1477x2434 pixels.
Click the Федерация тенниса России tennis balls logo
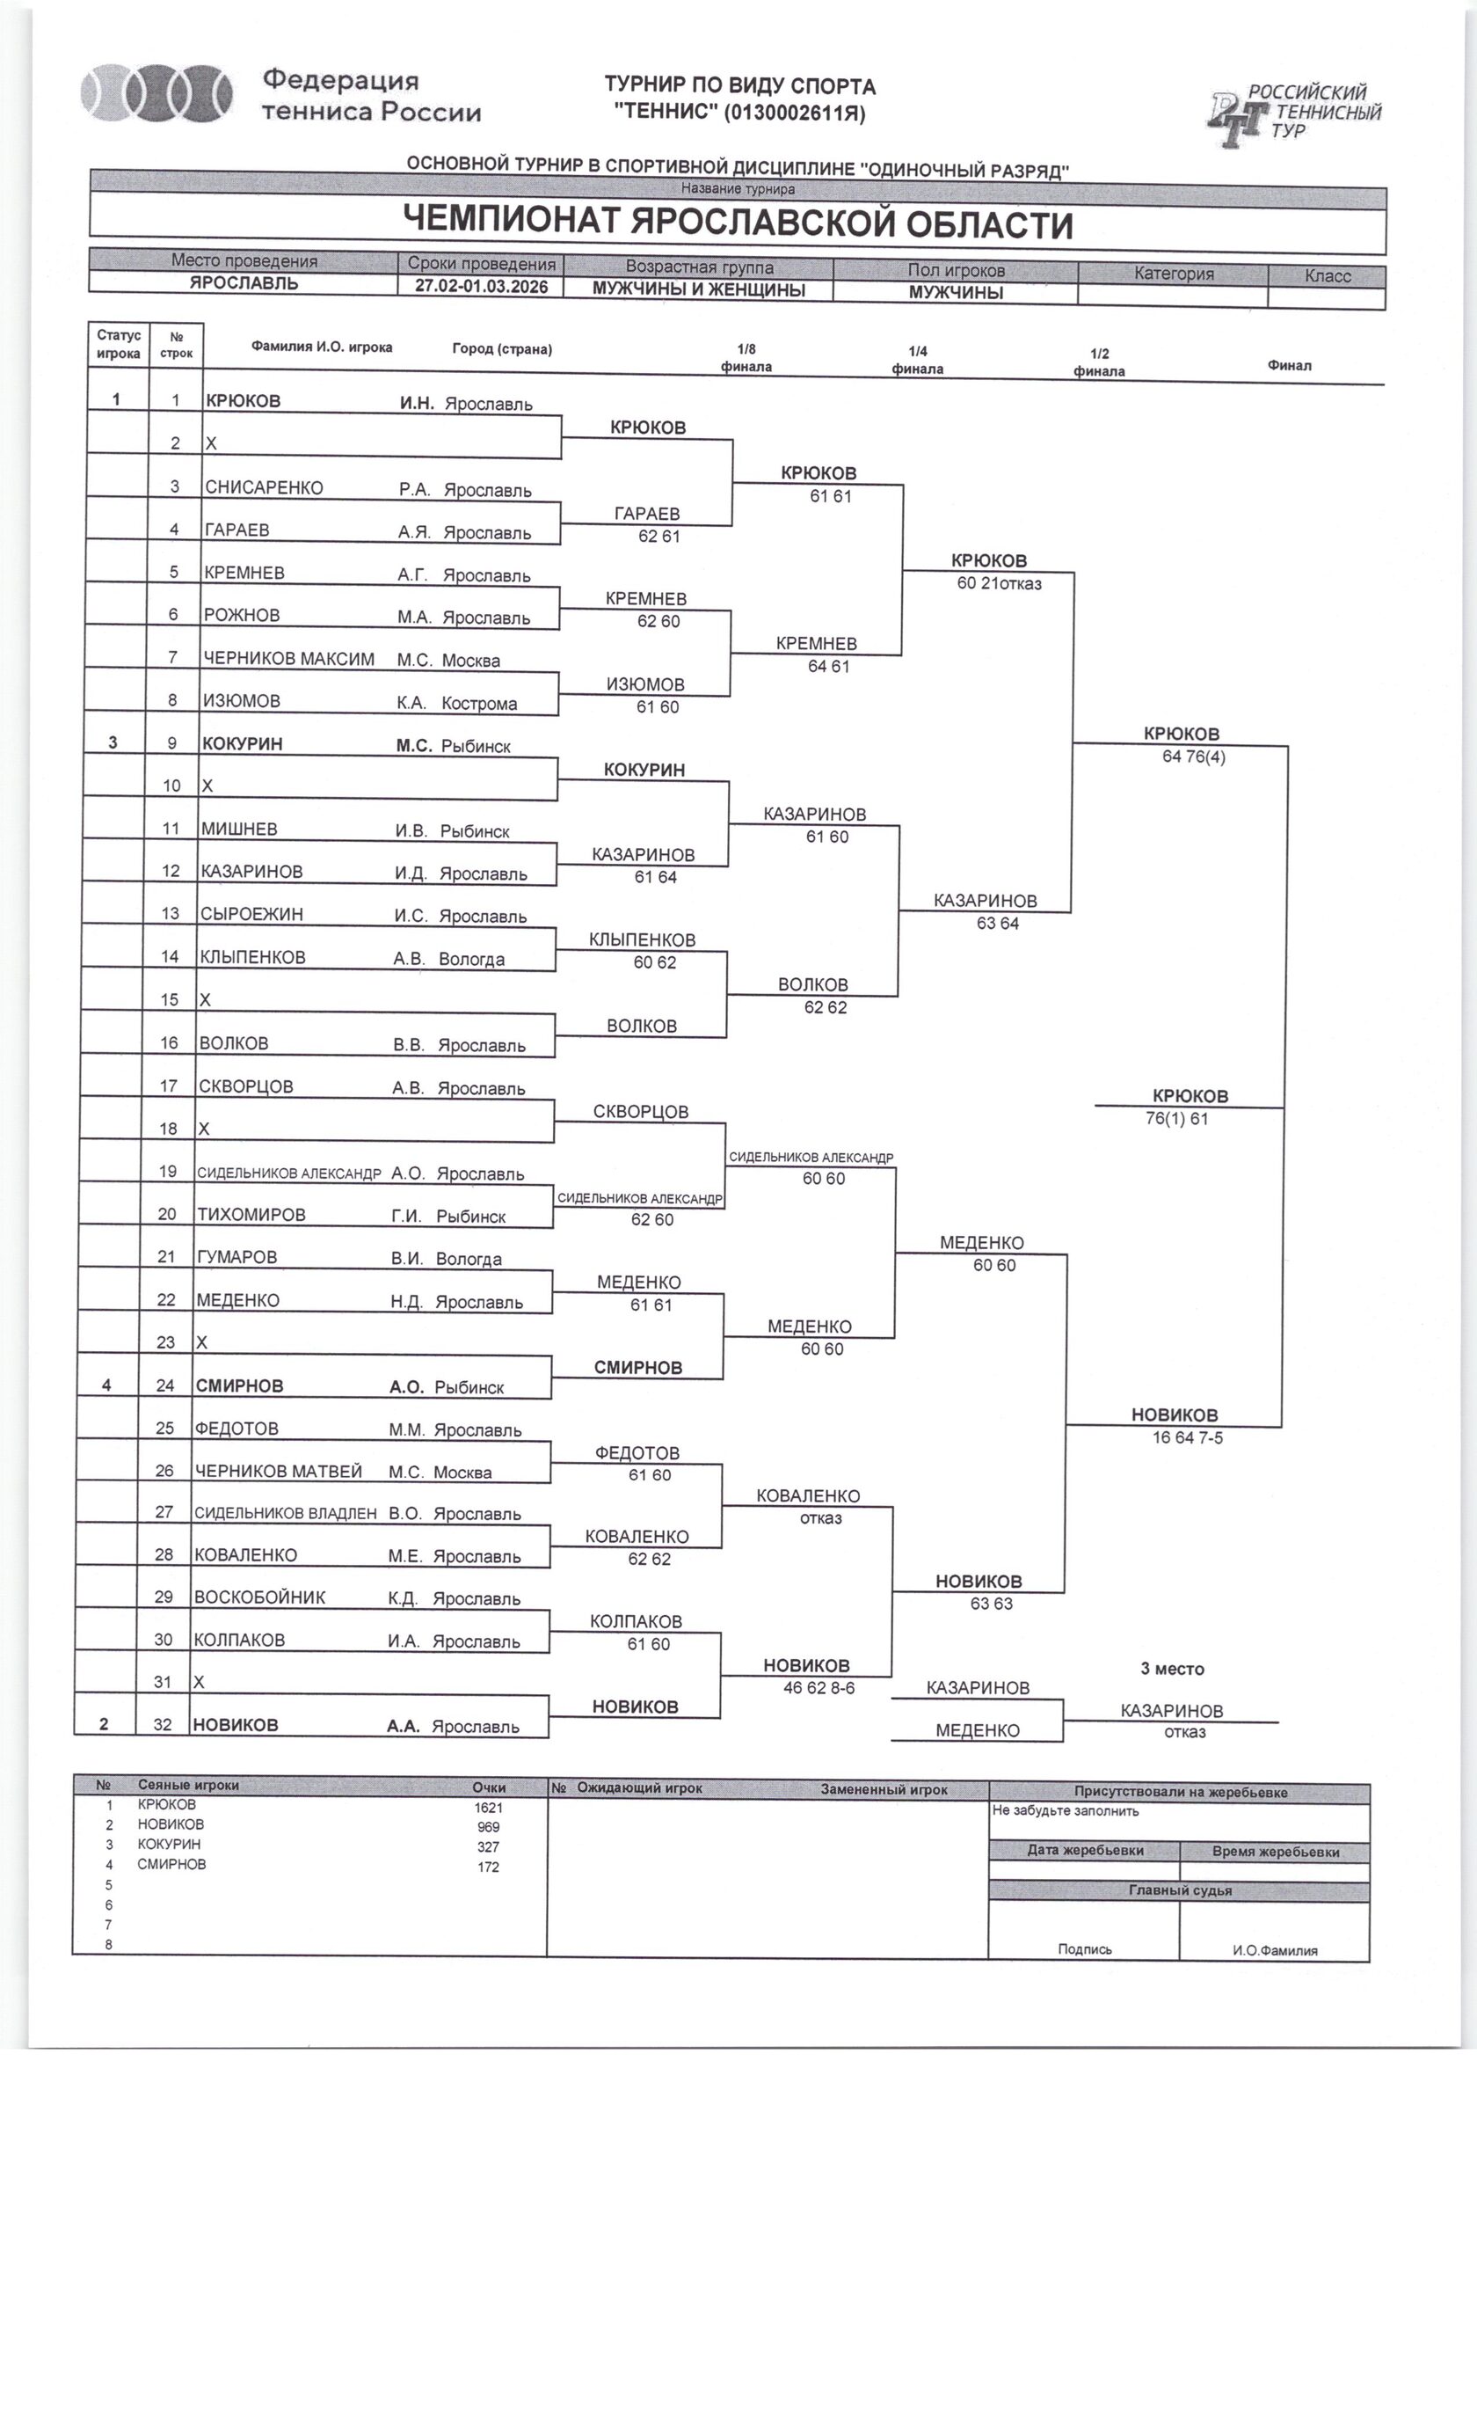coord(157,95)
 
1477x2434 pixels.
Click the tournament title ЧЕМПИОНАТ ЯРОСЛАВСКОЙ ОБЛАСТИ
coord(738,223)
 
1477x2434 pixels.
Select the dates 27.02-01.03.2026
coord(481,287)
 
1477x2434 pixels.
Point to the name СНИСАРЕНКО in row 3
coord(264,487)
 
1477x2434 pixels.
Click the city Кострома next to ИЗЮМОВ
coord(479,704)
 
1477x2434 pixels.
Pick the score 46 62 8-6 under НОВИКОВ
coord(819,1688)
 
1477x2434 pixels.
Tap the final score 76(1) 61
coord(1177,1119)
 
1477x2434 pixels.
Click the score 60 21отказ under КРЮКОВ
coord(999,584)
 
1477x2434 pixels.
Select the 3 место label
coord(1172,1669)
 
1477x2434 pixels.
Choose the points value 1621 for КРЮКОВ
coord(488,1808)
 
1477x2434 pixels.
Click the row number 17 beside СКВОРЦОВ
coord(169,1085)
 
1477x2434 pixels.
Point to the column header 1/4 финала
coord(917,361)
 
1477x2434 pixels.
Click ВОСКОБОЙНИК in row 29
coord(259,1597)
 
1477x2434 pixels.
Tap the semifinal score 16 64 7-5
coord(1187,1438)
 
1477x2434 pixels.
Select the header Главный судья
coord(1179,1890)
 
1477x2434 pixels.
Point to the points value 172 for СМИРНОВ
coord(488,1867)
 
